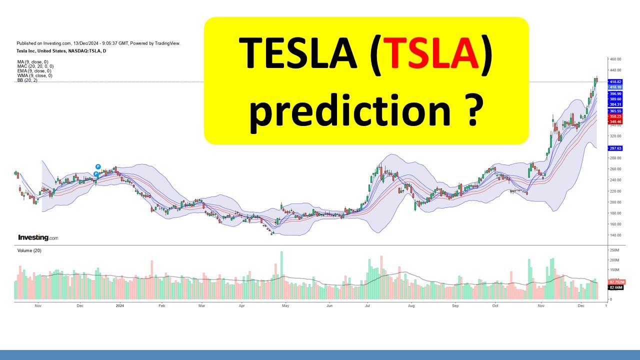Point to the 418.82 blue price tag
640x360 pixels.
click(x=615, y=81)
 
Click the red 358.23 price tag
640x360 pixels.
click(x=615, y=116)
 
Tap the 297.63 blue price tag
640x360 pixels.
click(x=615, y=148)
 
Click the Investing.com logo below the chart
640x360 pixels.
click(x=38, y=237)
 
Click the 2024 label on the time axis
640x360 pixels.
click(x=119, y=304)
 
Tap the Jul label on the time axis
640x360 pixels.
click(x=367, y=304)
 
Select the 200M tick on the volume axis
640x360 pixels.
click(x=613, y=260)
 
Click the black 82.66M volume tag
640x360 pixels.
click(x=614, y=288)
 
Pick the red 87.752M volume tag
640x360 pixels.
click(x=614, y=282)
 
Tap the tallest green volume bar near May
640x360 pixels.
click(x=281, y=275)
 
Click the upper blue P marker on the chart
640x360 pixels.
click(x=98, y=166)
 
